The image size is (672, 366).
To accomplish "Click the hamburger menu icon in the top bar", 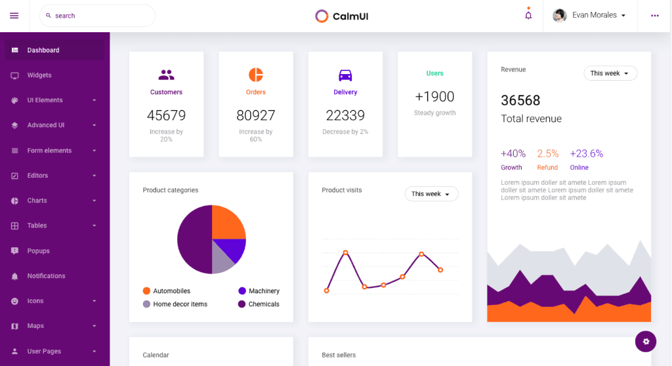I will click(x=14, y=16).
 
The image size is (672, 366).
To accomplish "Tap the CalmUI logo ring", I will click(x=322, y=16).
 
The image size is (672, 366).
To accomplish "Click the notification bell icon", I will click(x=528, y=16).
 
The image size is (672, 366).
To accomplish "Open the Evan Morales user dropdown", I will click(x=589, y=15).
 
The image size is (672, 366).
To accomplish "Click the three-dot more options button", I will click(x=655, y=16).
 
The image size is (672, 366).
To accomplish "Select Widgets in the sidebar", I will click(x=39, y=75).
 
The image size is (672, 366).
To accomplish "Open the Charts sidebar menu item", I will click(x=37, y=201).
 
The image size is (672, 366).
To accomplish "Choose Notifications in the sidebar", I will click(x=46, y=276).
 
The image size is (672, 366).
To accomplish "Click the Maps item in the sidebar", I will click(x=35, y=326).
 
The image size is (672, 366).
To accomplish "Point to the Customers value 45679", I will click(x=166, y=115).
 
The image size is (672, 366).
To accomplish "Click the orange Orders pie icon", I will click(x=256, y=74).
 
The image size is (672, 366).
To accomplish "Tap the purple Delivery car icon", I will click(x=345, y=75).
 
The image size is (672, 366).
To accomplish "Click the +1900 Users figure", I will click(x=434, y=96).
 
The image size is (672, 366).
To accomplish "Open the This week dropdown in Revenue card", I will click(x=610, y=73).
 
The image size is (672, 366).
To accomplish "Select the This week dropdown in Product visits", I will click(x=431, y=194).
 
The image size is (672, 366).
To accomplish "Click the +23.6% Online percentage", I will click(x=586, y=153).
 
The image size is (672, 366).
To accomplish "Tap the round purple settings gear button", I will click(x=646, y=341).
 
